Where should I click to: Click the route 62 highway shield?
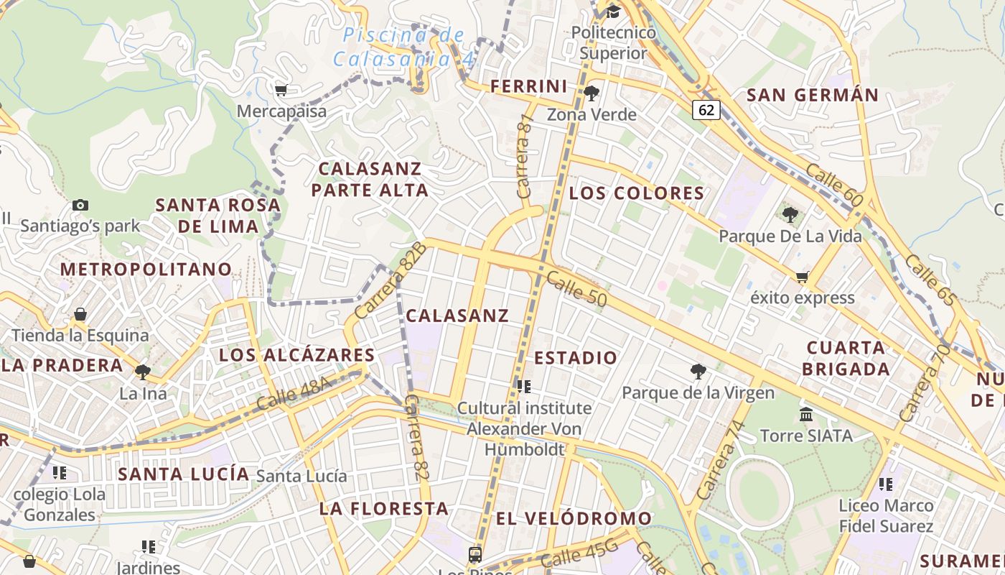(706, 109)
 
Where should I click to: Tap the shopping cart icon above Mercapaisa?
(281, 90)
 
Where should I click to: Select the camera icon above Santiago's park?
(80, 205)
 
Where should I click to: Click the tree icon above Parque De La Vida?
(790, 214)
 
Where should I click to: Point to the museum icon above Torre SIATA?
(806, 415)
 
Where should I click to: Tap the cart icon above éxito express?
(802, 277)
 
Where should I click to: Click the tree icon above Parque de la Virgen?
(698, 372)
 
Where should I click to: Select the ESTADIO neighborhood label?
(576, 357)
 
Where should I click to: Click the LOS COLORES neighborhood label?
(637, 193)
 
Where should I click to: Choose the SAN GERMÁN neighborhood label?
(813, 95)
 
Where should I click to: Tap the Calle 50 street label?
(576, 289)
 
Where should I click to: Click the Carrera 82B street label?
(391, 280)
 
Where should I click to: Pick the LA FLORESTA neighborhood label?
(384, 508)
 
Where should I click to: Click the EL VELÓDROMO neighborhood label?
(574, 518)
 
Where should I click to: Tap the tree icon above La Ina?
(143, 372)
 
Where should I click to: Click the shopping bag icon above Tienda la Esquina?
(80, 314)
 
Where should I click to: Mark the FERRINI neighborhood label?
(529, 86)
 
